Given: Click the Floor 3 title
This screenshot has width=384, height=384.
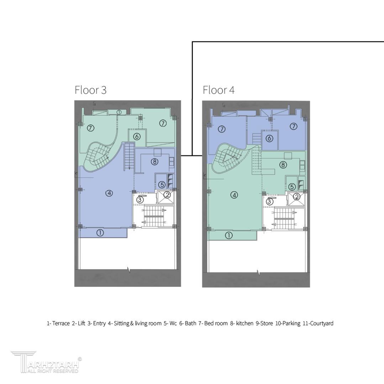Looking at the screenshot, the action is [x=90, y=90].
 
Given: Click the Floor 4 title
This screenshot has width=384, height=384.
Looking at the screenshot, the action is [x=219, y=90].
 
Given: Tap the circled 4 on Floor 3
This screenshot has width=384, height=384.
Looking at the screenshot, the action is [x=109, y=193].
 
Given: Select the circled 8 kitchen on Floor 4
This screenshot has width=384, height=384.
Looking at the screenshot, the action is [x=283, y=165].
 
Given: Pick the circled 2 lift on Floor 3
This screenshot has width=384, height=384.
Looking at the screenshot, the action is [x=167, y=195].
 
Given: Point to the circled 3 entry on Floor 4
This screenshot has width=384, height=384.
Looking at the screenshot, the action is [x=269, y=202].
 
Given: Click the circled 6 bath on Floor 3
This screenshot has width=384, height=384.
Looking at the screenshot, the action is [x=137, y=137].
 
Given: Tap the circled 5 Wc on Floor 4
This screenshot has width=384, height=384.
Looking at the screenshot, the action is [x=292, y=187].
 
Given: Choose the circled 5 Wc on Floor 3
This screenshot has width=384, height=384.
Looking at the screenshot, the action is [x=162, y=185].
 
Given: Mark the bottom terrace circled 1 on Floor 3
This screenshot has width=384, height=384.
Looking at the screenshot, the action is [x=100, y=233].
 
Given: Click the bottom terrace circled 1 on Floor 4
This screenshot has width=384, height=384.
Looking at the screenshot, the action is [x=228, y=236].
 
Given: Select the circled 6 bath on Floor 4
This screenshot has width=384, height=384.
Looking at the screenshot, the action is [x=269, y=138].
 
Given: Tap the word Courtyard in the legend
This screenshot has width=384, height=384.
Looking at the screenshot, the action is [x=321, y=323].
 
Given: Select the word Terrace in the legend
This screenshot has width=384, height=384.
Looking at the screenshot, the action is [x=61, y=323].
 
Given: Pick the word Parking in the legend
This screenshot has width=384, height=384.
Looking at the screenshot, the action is [x=291, y=324].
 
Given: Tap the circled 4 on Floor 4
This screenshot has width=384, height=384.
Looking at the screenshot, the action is [x=234, y=195].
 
